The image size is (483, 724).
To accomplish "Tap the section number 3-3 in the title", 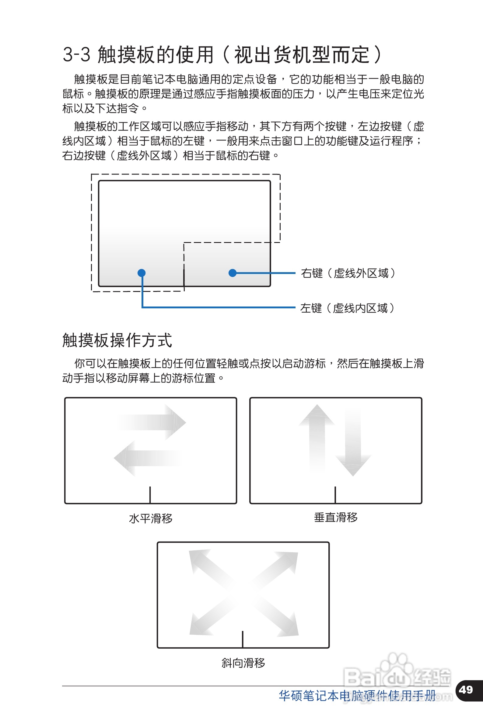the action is pos(76,55).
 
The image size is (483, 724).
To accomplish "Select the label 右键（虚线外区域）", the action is pos(348,273).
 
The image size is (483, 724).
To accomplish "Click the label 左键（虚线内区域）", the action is pos(347,308).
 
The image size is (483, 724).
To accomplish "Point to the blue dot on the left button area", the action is pos(142,273).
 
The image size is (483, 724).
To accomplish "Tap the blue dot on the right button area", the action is pos(233,273).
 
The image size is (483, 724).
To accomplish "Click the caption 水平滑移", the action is pos(151,518).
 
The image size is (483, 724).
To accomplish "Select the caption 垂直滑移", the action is pos(336,517).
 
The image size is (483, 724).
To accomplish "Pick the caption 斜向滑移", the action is pos(243,663).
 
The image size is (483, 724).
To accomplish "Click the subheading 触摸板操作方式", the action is pos(117,340).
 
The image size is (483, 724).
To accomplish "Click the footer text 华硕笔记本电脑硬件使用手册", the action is pos(357,695).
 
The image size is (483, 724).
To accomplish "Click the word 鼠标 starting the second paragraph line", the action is pos(73,94).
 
